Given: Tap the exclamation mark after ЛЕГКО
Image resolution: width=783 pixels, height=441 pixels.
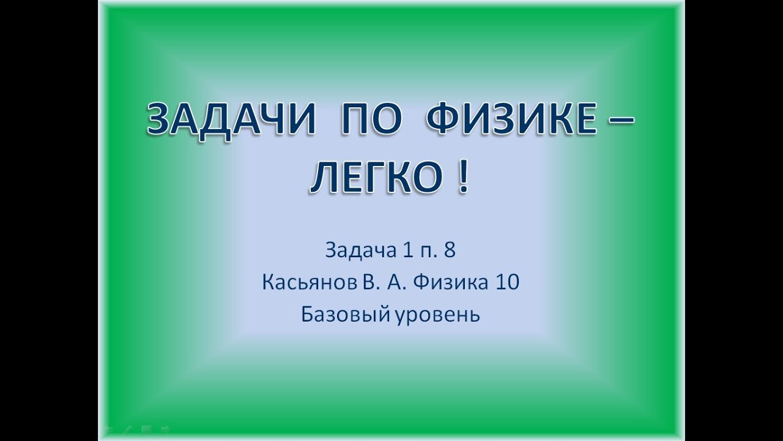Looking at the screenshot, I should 462,178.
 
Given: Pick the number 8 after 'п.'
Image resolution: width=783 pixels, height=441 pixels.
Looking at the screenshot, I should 450,251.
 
